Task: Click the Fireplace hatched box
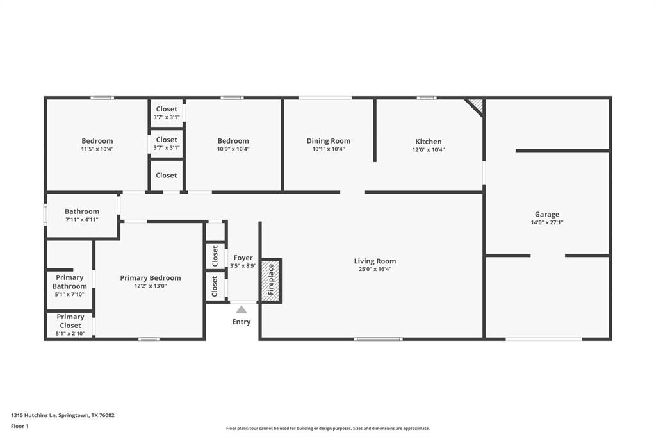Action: (x=271, y=280)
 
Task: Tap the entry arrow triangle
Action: (x=242, y=309)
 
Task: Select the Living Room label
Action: (x=375, y=261)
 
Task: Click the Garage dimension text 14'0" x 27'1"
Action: (x=547, y=223)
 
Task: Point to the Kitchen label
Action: (x=428, y=142)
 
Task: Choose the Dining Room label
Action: (x=328, y=141)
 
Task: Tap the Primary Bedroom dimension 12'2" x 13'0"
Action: (x=151, y=286)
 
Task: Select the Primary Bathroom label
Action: (x=70, y=282)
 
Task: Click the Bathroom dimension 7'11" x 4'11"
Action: (x=82, y=220)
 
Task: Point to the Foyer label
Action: (x=243, y=258)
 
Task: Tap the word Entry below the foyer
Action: (x=242, y=322)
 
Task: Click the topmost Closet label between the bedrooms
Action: (x=167, y=109)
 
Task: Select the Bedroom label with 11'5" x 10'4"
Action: (x=97, y=141)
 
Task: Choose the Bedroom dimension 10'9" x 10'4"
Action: (x=233, y=149)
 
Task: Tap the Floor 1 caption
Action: (x=20, y=426)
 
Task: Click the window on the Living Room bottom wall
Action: (x=379, y=339)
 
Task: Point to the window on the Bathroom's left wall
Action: (x=45, y=214)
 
